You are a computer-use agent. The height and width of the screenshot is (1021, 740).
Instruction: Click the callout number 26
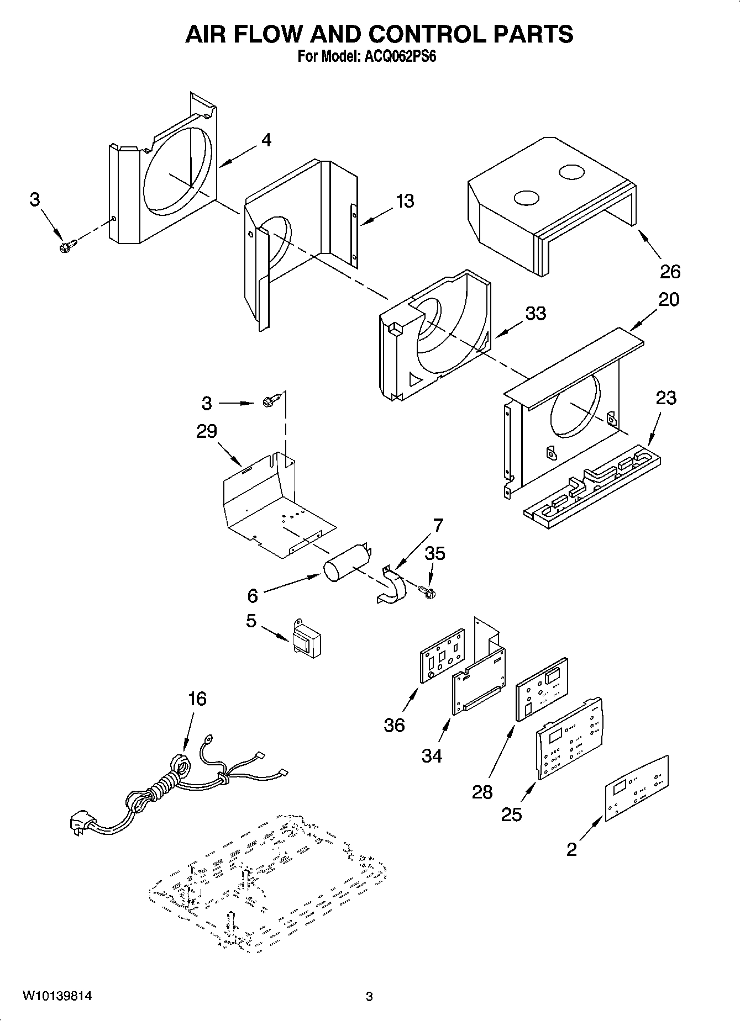coord(670,272)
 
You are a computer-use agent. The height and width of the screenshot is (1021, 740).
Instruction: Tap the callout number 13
coord(405,201)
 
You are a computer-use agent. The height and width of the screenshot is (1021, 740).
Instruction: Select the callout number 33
coord(535,314)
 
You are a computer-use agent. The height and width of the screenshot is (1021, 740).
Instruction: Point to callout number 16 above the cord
coord(197,699)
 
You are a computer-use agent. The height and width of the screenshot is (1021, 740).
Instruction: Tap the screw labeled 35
coord(427,592)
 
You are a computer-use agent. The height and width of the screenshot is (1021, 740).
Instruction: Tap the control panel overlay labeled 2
coord(636,788)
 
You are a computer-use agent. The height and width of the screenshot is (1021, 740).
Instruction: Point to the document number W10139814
coord(57,997)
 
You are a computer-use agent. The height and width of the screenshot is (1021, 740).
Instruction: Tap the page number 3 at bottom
coord(369,997)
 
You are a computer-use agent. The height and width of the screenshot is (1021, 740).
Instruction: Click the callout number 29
coord(207,431)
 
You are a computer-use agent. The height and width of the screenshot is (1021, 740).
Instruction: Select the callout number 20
coord(669,299)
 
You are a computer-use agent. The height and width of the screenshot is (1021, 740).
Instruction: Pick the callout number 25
coord(511,814)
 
